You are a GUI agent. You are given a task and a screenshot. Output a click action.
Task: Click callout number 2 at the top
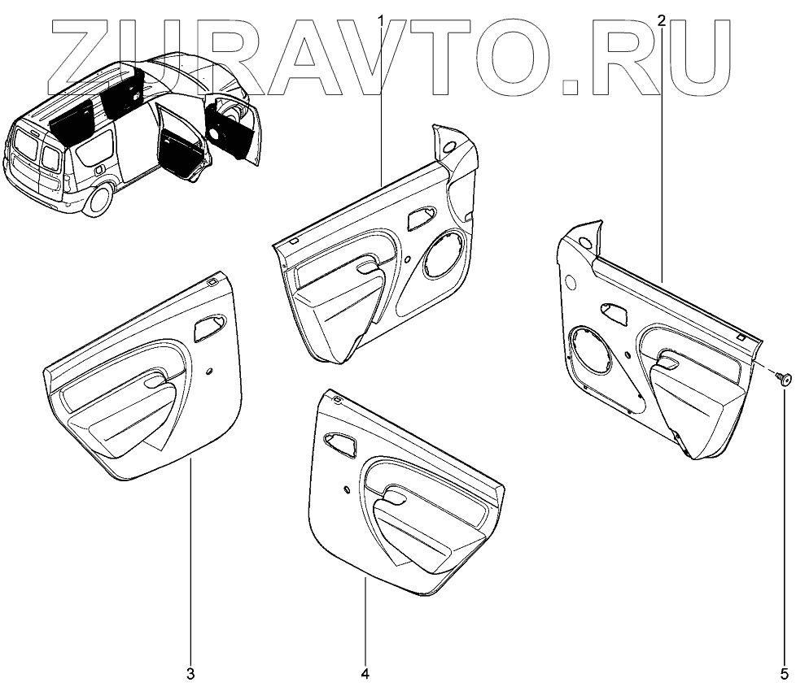click(x=662, y=20)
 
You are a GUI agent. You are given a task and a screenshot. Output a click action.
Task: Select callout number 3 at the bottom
click(x=190, y=673)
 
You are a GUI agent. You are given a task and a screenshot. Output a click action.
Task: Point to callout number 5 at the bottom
click(x=784, y=673)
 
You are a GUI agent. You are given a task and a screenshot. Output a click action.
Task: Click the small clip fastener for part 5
click(x=784, y=377)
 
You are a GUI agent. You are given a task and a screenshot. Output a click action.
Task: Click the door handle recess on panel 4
click(x=340, y=443)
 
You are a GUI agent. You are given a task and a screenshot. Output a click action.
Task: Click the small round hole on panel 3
click(x=211, y=372)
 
